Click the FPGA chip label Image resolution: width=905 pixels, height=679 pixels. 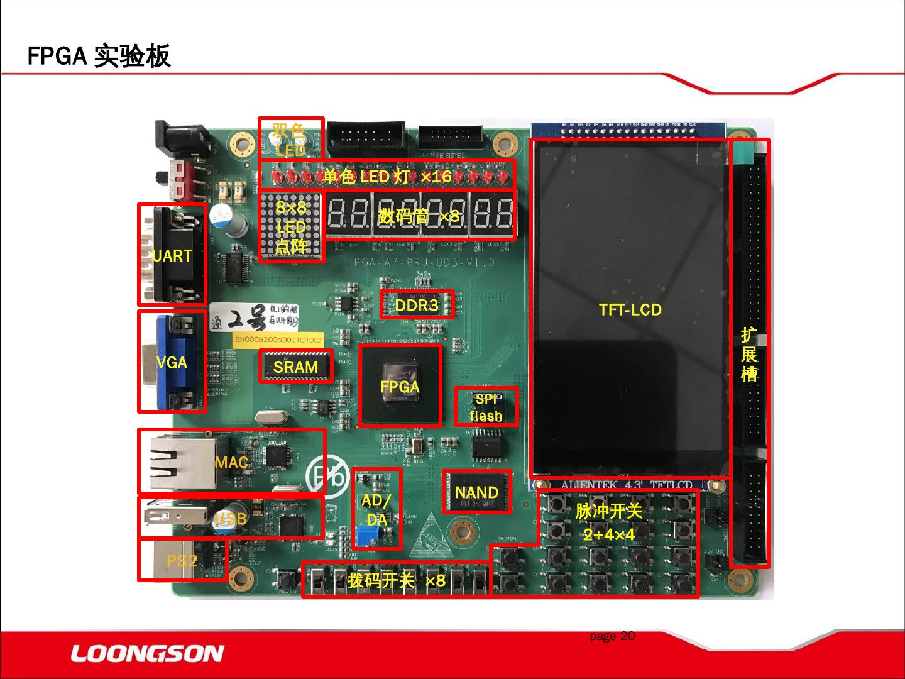(400, 387)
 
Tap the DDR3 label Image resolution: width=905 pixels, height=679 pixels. (416, 306)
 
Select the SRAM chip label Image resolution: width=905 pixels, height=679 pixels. (295, 367)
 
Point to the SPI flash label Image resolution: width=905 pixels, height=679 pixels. (486, 407)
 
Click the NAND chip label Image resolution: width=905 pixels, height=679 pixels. (476, 492)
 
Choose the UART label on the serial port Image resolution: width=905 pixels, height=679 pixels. (172, 256)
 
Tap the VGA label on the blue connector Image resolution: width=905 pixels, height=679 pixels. (172, 362)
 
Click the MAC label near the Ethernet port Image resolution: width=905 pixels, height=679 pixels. (231, 463)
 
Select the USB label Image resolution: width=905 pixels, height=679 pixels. (230, 519)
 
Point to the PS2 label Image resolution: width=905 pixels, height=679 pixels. (182, 560)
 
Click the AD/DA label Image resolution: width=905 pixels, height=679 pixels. (376, 509)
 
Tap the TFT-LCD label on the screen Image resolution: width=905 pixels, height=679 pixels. (630, 309)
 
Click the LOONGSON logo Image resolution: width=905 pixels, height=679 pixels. (147, 654)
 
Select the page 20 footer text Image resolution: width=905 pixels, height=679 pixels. (612, 636)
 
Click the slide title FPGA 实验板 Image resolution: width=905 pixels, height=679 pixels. (99, 56)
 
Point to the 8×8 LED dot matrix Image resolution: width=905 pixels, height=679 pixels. (291, 227)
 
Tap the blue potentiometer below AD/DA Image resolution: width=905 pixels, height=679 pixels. (364, 538)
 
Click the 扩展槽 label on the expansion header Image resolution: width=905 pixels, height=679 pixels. (749, 354)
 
